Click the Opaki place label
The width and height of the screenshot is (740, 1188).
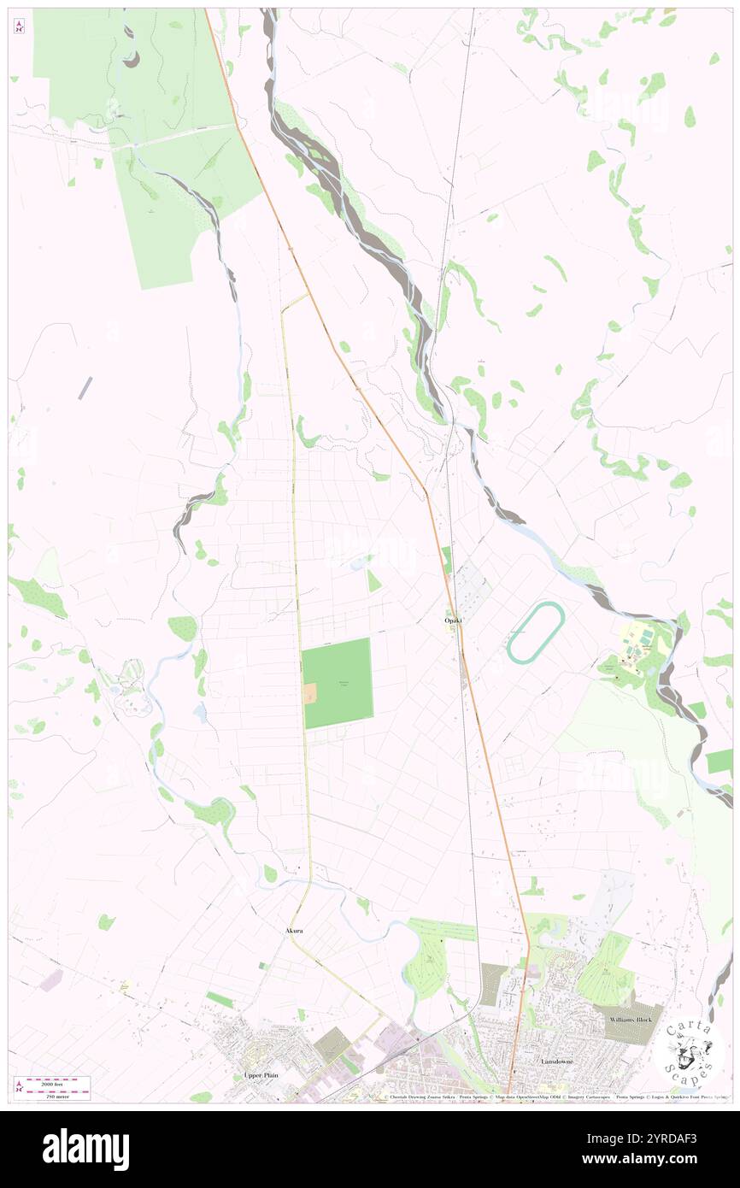453,620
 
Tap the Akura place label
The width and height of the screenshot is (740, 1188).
295,929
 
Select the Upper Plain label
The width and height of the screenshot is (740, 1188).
261,1074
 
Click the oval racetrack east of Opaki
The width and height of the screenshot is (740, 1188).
536,632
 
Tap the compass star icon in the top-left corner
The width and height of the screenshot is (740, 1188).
19,27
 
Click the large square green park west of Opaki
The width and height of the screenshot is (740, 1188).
338,682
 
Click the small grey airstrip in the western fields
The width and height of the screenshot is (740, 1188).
85,387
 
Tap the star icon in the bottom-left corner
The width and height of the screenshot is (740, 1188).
19,1085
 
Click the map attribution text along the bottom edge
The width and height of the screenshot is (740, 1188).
547,1097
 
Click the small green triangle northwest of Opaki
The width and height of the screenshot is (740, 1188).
373,581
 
